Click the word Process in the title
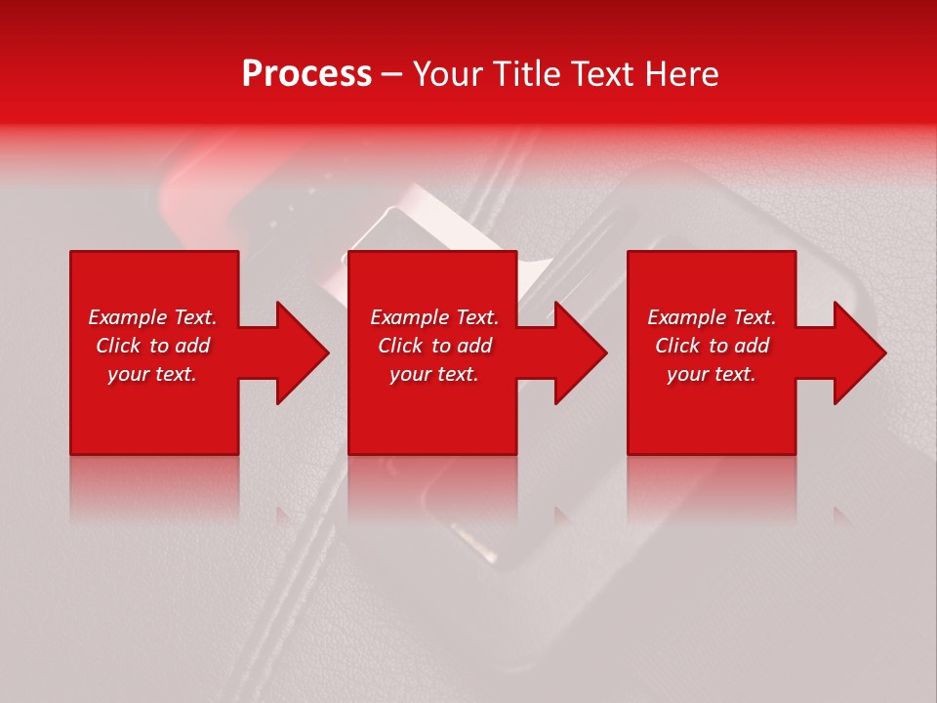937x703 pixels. [306, 74]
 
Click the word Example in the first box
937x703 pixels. [128, 317]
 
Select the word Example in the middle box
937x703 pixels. [410, 317]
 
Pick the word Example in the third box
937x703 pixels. [687, 317]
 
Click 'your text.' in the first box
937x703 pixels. [152, 374]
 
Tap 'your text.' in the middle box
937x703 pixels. [434, 374]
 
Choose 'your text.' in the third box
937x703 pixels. [712, 374]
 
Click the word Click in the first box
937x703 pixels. [118, 346]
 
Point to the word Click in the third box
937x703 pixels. [677, 346]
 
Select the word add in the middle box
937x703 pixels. [474, 346]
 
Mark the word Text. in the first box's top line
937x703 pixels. [195, 317]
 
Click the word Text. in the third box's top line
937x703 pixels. [754, 317]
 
